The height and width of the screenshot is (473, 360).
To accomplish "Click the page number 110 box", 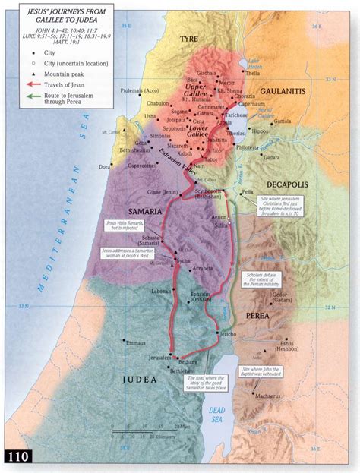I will tap(17, 458).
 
